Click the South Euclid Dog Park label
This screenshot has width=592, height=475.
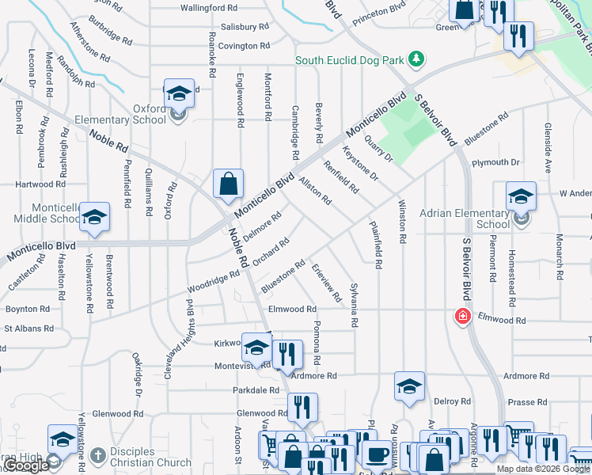point(348,60)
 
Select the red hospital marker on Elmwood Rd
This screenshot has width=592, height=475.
point(463,317)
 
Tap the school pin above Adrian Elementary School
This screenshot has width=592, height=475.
point(521,196)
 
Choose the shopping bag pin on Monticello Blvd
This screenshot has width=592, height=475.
point(228,184)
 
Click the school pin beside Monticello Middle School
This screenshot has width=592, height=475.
point(94,216)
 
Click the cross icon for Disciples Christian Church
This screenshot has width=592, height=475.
point(97,455)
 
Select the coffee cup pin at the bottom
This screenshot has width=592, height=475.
point(377,455)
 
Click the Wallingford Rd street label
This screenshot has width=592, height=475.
point(209,7)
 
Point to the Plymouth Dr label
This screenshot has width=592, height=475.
point(495,162)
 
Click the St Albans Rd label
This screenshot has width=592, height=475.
point(29,328)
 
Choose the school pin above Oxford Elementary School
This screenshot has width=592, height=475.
point(179,93)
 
